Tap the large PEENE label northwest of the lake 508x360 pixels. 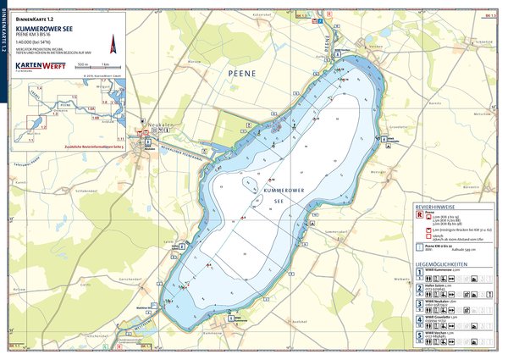[x=241, y=75]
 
